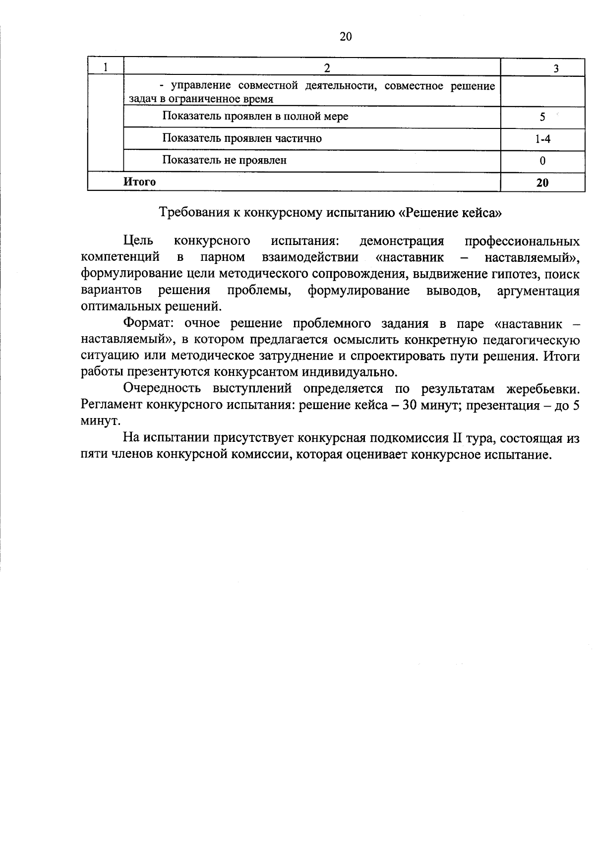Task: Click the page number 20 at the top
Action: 346,36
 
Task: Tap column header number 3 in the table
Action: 556,68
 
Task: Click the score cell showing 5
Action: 542,118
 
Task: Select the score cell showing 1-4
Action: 542,139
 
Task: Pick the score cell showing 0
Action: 542,161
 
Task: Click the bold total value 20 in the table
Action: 542,182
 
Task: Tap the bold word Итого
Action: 139,182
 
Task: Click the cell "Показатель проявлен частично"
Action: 242,138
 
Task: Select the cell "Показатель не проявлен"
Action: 224,160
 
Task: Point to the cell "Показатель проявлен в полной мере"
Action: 255,117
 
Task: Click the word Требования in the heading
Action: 190,213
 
